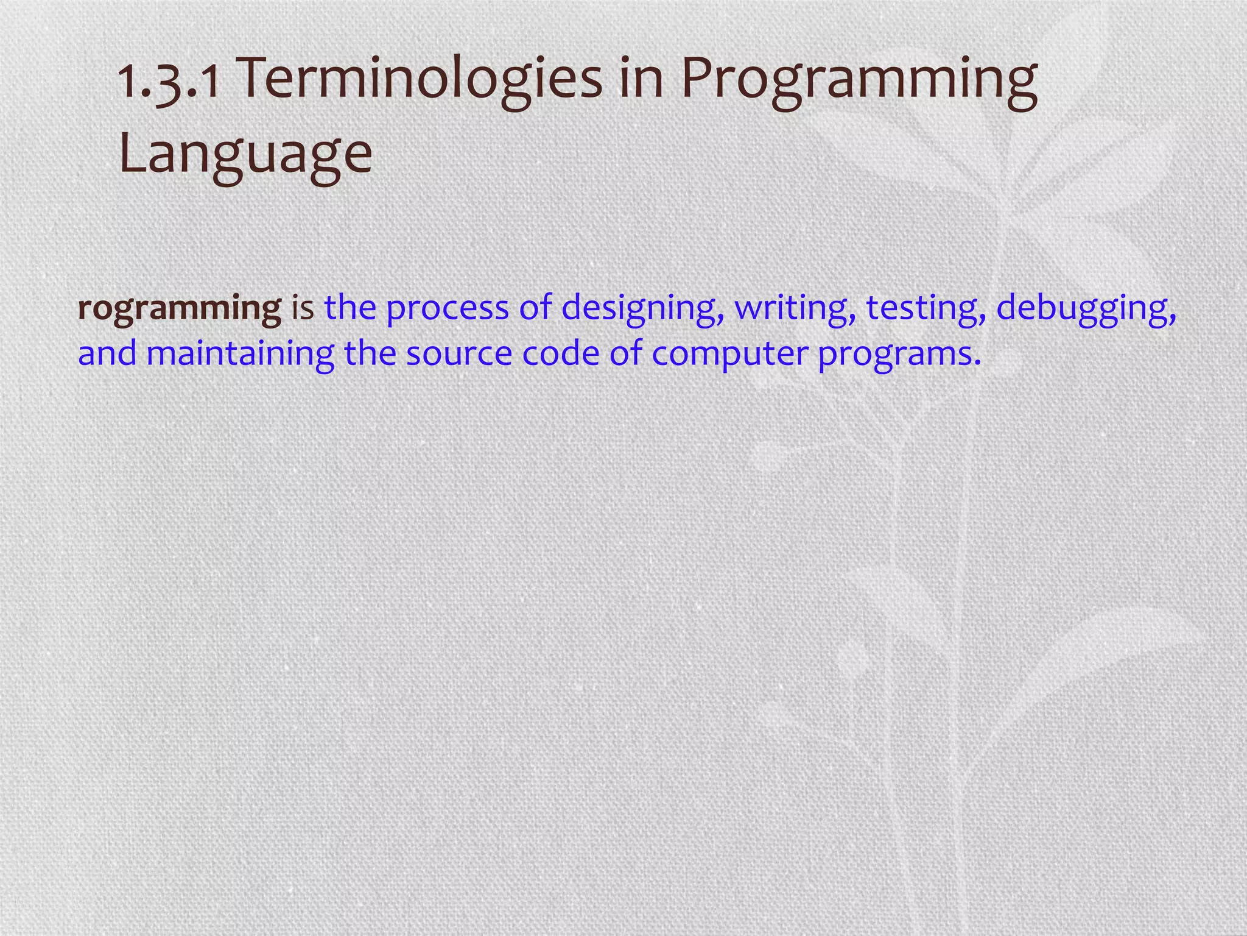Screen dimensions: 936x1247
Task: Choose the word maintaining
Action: [x=241, y=354]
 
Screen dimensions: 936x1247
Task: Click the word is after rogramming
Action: [x=303, y=308]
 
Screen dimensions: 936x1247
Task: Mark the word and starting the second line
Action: [x=107, y=354]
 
